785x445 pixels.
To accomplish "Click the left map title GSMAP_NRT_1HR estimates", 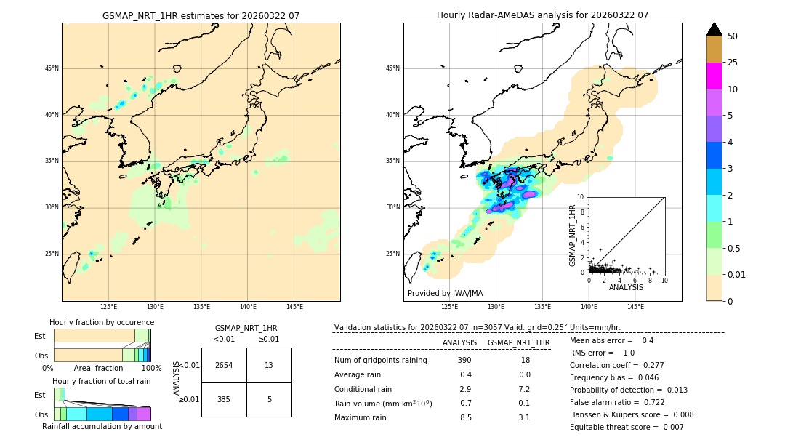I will point(201,15).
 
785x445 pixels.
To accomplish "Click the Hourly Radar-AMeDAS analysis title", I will point(542,15).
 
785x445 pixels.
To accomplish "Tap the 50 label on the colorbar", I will point(733,36).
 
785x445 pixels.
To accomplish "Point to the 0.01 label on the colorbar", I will point(737,274).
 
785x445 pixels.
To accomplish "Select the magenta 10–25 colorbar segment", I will point(714,76).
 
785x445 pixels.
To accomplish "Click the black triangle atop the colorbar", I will point(714,29).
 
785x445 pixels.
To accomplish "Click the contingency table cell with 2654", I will point(224,365).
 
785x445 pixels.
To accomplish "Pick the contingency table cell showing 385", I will point(224,399).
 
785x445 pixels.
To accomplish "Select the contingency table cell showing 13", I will point(269,365).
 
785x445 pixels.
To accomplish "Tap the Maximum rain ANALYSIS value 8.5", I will point(466,417).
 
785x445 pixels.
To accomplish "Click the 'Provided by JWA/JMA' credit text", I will point(445,293).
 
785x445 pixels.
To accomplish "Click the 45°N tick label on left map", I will point(52,68).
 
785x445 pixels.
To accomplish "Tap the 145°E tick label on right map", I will point(635,307).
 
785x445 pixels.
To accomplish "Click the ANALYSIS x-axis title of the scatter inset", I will point(626,287).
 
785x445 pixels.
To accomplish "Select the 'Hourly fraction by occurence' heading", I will point(102,322).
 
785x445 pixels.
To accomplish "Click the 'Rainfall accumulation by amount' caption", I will point(102,427).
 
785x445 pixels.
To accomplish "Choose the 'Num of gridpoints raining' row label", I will point(380,361).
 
